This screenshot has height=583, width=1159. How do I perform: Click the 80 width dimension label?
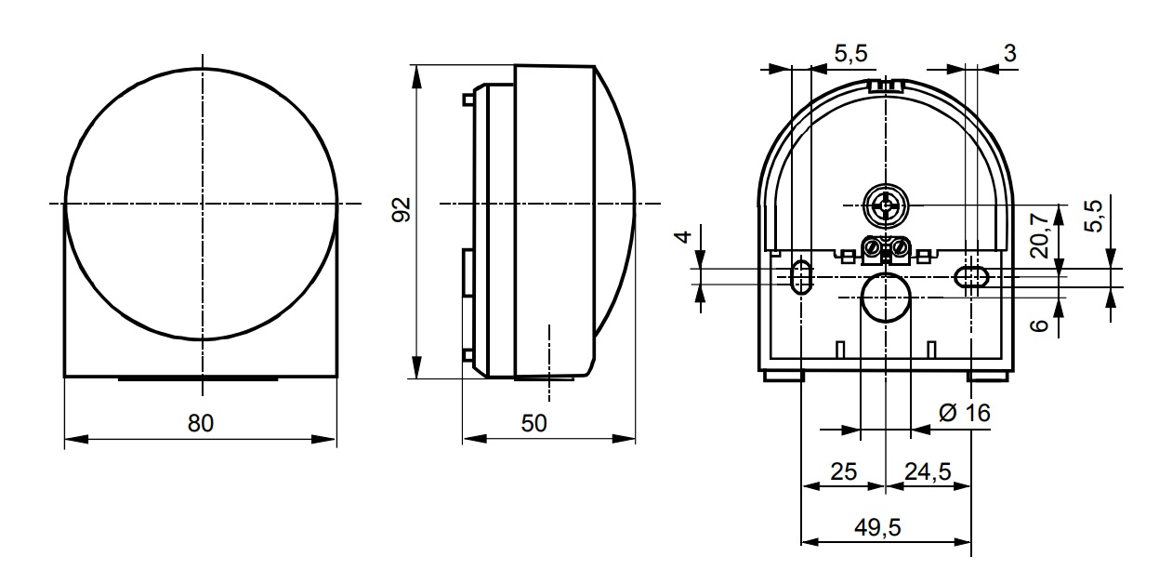200,423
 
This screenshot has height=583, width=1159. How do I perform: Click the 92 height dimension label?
401,210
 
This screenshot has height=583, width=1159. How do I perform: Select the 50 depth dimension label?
533,423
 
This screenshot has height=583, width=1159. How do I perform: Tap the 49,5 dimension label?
877,527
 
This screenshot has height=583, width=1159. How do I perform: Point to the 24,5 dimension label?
928,471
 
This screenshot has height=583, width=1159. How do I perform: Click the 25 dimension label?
844,471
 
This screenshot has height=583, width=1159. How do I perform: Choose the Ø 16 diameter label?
965,413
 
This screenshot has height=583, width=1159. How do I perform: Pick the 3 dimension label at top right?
1010,53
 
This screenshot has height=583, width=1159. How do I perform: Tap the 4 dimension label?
683,236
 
